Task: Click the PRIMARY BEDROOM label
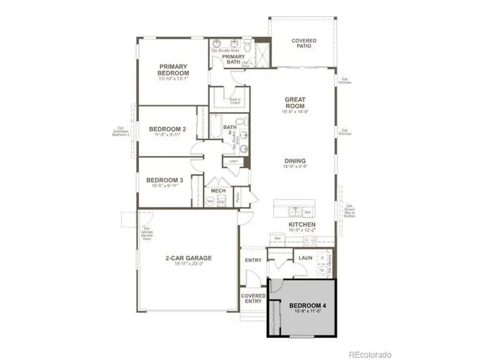tap(173, 70)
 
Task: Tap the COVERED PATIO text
tap(303, 43)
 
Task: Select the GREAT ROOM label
tap(294, 102)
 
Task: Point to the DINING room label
tap(294, 161)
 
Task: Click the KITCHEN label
tap(302, 225)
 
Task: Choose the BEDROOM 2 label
tap(167, 129)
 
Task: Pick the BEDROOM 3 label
tap(165, 181)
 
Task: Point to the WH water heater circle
tap(210, 202)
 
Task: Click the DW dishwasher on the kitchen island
tap(308, 212)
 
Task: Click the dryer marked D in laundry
tap(322, 258)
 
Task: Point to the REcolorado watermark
tap(370, 354)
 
